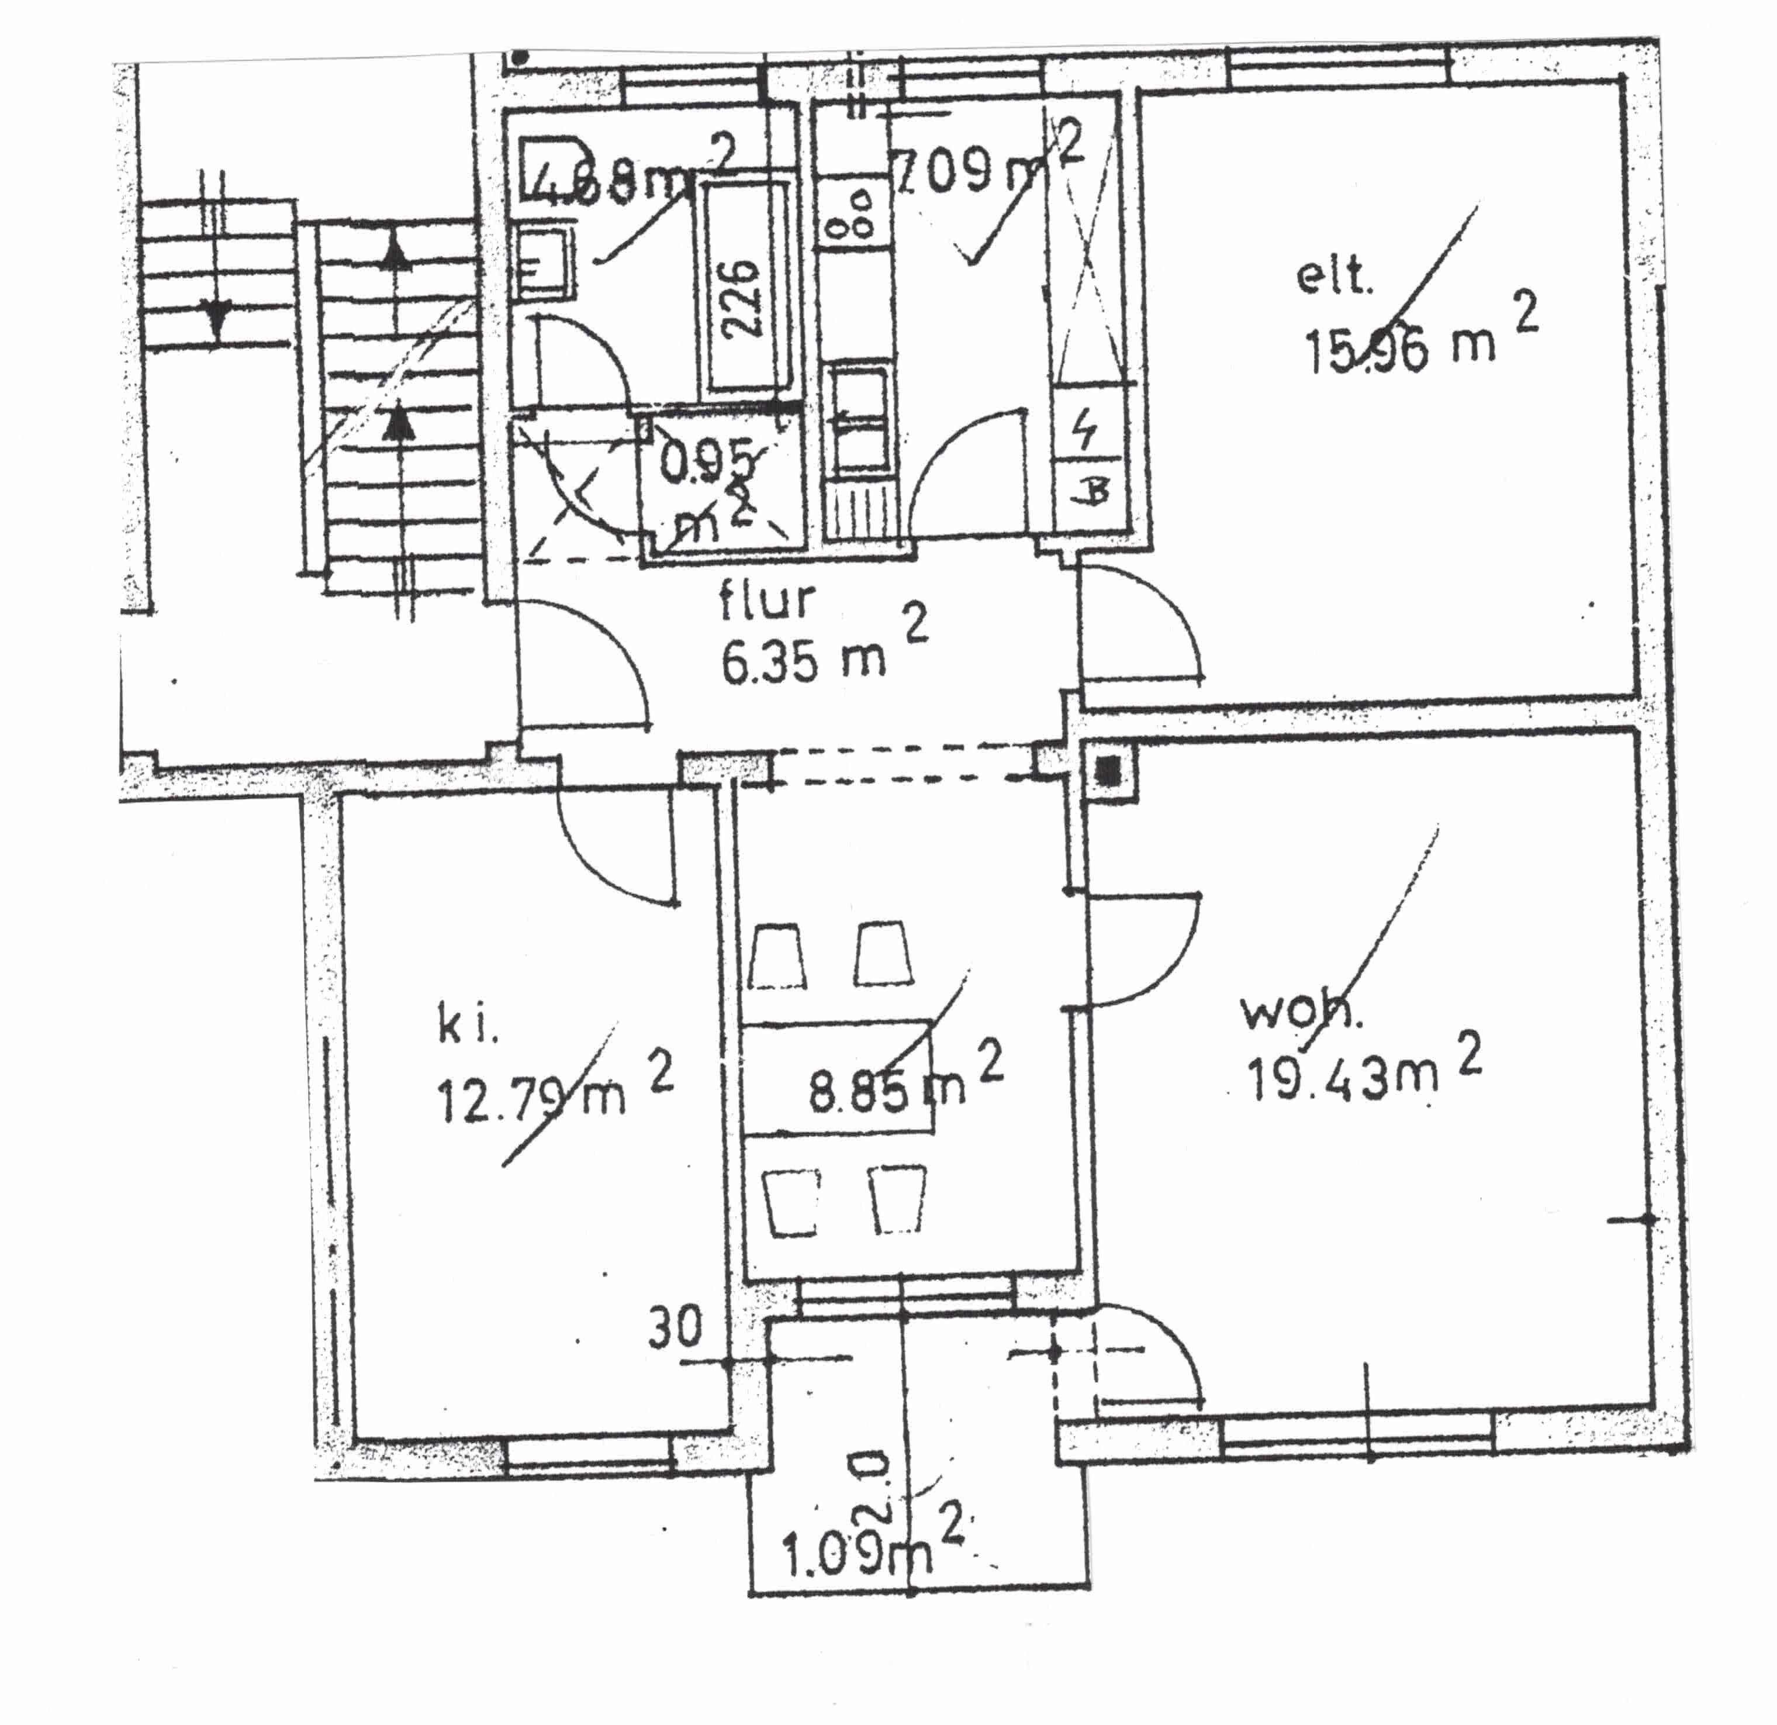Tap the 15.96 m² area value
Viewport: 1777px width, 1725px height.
(1401, 349)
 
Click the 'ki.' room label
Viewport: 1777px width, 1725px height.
(468, 1027)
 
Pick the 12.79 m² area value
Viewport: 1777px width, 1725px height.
(532, 1098)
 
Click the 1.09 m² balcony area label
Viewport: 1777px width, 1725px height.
(857, 1557)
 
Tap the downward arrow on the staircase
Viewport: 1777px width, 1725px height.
(216, 319)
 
